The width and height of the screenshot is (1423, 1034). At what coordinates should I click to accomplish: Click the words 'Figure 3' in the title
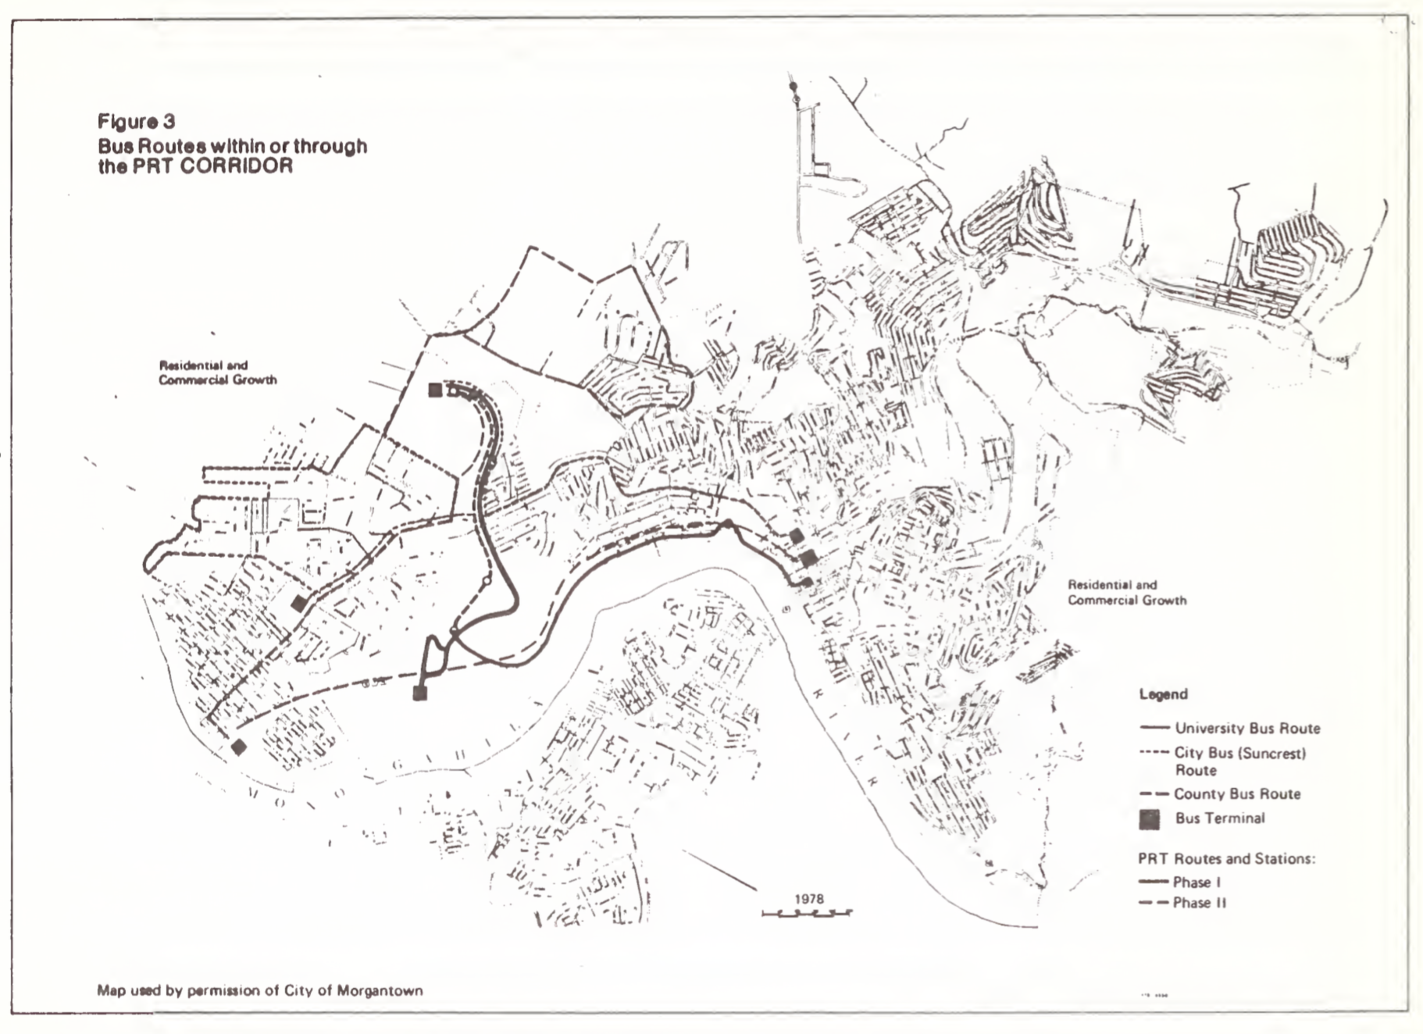(x=136, y=122)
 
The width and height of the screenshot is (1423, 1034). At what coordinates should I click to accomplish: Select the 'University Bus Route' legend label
(x=1247, y=728)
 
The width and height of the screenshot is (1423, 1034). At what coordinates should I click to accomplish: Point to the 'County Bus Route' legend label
(x=1237, y=794)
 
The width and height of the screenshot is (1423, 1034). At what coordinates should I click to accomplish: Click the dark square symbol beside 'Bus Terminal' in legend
(x=1149, y=818)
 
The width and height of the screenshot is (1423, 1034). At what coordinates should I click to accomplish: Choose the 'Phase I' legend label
(x=1197, y=882)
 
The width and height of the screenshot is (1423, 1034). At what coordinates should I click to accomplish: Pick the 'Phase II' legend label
(x=1199, y=903)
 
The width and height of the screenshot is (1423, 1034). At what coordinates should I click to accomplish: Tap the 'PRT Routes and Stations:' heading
(x=1226, y=859)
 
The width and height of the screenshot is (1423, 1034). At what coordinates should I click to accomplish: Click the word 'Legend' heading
(x=1163, y=694)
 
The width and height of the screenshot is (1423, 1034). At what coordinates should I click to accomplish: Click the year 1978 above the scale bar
(x=809, y=899)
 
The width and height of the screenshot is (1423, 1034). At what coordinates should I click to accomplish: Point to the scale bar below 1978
(x=807, y=912)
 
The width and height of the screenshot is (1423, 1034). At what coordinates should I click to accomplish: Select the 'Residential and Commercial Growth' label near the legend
(x=1126, y=593)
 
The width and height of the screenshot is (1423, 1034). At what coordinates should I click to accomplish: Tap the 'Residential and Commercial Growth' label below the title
(x=217, y=373)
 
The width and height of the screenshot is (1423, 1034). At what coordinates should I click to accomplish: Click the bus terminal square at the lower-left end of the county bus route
(x=239, y=747)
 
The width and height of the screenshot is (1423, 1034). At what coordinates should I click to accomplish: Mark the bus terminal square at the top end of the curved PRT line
(x=435, y=390)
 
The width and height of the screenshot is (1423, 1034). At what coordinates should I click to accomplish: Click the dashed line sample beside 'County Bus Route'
(x=1154, y=794)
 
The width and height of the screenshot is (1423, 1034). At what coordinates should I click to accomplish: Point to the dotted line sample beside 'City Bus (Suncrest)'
(x=1154, y=753)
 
